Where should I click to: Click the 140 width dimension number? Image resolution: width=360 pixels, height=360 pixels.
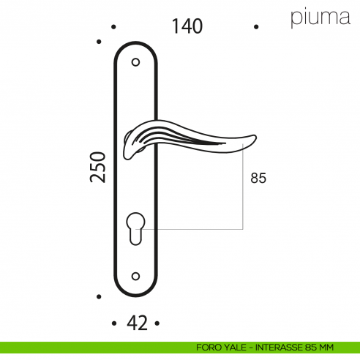click(x=187, y=26)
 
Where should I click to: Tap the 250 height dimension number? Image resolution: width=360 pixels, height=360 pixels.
click(x=98, y=167)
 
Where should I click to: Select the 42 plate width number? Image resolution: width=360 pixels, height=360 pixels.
click(x=137, y=323)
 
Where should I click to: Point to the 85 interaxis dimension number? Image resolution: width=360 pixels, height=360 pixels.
click(x=258, y=178)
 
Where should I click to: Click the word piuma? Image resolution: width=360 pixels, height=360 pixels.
click(x=320, y=18)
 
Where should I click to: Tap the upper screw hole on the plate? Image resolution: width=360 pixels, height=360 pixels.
click(x=135, y=62)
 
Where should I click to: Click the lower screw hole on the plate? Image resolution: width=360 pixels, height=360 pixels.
click(x=135, y=277)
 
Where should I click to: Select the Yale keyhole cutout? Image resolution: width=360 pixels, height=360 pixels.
click(x=135, y=228)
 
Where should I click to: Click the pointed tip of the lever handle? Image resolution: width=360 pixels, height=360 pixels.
click(x=255, y=137)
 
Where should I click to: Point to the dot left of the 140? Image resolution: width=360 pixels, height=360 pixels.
click(x=113, y=27)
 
